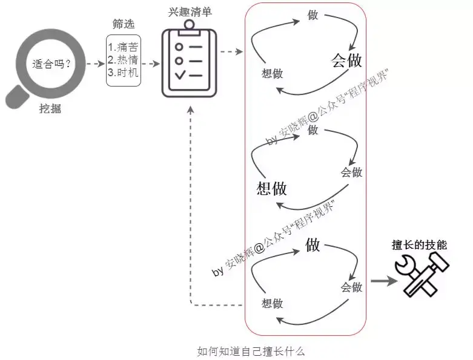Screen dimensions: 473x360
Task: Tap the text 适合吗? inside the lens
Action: [51, 64]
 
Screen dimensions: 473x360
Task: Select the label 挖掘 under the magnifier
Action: [50, 110]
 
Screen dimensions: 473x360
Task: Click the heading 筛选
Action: [124, 24]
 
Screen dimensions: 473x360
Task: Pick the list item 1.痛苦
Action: [123, 47]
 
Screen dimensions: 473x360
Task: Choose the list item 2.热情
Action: [123, 60]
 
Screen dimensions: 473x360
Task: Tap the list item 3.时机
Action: [123, 73]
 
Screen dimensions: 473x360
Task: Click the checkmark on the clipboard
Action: [179, 76]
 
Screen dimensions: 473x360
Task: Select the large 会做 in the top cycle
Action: [346, 60]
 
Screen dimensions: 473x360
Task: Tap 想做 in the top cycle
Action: [272, 74]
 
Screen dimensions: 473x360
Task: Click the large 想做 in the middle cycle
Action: [272, 188]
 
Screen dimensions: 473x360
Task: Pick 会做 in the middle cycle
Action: [351, 172]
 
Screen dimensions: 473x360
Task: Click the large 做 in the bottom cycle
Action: [313, 245]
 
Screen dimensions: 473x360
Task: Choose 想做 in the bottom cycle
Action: [272, 304]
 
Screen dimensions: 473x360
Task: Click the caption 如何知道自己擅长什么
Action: [251, 351]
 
